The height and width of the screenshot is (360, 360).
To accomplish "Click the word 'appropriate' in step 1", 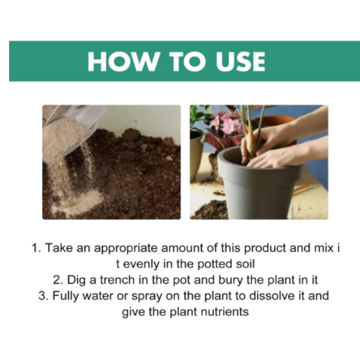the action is pos(125,248).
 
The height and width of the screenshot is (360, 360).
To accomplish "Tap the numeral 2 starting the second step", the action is pos(58,280).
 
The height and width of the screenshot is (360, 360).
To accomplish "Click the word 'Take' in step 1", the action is pos(59,248).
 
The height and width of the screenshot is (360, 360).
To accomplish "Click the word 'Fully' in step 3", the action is pos(65,296).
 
